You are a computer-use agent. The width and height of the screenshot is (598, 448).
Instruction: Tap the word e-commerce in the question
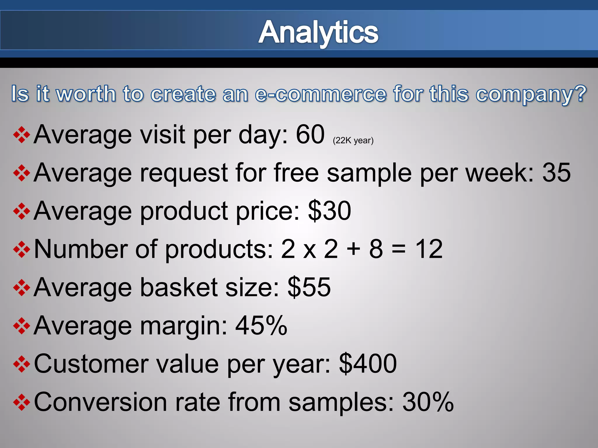[x=320, y=94]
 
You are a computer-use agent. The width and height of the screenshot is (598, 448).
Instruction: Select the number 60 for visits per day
[x=310, y=134]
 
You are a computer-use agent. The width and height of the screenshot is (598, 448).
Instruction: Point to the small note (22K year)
[x=353, y=141]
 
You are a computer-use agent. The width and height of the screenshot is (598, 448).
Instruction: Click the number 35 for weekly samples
[x=556, y=173]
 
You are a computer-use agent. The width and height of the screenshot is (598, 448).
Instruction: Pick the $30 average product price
[x=329, y=211]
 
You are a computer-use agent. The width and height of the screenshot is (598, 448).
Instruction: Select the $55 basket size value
[x=309, y=287]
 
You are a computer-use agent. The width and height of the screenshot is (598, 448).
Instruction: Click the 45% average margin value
[x=261, y=325]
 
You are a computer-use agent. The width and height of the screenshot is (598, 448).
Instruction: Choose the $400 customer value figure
[x=368, y=364]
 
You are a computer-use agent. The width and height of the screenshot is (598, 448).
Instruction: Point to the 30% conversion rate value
[x=428, y=402]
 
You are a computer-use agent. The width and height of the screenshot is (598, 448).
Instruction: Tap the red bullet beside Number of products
[x=22, y=250]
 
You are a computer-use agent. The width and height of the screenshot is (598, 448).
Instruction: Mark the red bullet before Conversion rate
[x=22, y=402]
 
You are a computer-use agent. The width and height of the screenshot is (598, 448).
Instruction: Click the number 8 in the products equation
[x=376, y=249]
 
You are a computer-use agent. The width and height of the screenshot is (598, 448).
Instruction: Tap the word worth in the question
[x=86, y=94]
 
